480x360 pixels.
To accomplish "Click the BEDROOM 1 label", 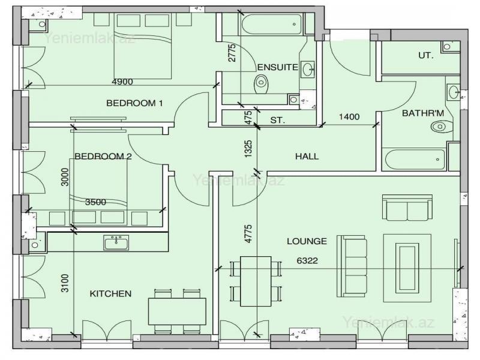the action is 134,103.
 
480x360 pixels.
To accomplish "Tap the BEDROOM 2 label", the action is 103,157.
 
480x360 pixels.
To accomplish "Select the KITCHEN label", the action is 110,294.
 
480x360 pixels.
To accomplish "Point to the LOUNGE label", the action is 307,241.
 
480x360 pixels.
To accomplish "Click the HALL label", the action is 307,157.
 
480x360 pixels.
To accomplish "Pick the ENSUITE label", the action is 277,67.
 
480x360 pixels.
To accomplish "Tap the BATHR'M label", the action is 423,113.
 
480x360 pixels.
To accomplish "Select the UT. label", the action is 426,55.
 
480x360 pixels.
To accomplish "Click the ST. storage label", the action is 278,120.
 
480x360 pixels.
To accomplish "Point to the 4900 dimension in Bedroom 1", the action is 122,82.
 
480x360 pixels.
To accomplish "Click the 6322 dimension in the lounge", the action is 307,261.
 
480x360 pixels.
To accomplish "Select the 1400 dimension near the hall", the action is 349,116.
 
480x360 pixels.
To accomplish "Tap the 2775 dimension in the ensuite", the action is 232,53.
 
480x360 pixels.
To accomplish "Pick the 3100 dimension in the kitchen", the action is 65,283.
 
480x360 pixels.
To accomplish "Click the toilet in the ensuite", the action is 261,84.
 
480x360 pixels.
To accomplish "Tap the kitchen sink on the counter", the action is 116,242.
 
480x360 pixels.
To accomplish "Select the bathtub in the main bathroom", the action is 414,160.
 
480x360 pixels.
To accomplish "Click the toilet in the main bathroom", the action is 442,126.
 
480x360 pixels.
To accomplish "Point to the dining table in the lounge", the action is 256,281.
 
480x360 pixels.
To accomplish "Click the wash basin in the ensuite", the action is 307,69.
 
